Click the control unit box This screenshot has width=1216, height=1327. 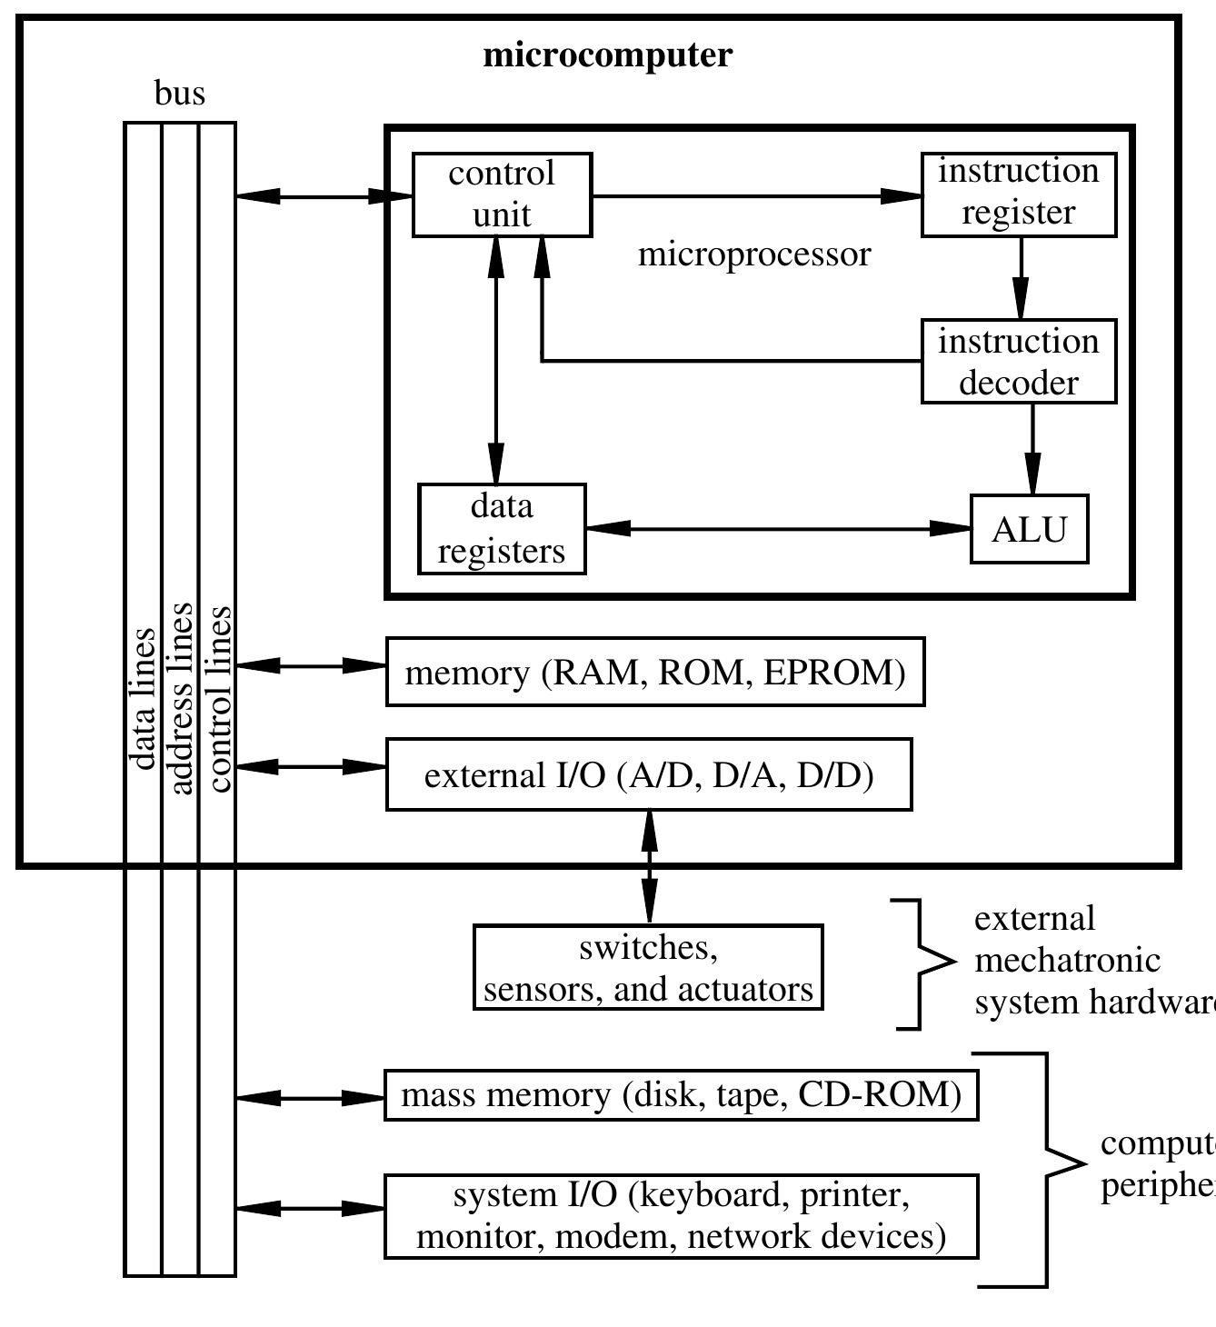(502, 195)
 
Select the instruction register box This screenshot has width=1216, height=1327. (1018, 195)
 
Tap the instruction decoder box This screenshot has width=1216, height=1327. (1018, 361)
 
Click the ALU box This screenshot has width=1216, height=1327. (1029, 529)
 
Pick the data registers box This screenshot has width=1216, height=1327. (502, 529)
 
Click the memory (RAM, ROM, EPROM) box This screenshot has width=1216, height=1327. (654, 672)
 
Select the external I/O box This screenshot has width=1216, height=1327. (649, 774)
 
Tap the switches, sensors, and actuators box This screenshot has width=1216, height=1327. (648, 967)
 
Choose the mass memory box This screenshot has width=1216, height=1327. (681, 1095)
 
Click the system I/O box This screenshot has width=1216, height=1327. (681, 1216)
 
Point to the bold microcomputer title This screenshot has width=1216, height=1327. (607, 55)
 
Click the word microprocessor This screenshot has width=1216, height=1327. (754, 254)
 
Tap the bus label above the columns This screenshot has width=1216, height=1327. (180, 94)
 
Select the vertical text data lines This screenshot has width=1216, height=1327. (143, 698)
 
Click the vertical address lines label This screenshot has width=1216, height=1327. (181, 698)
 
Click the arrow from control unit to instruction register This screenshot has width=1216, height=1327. (754, 195)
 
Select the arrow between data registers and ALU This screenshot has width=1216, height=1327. (778, 528)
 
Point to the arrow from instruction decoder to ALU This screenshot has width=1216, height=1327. (1032, 448)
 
